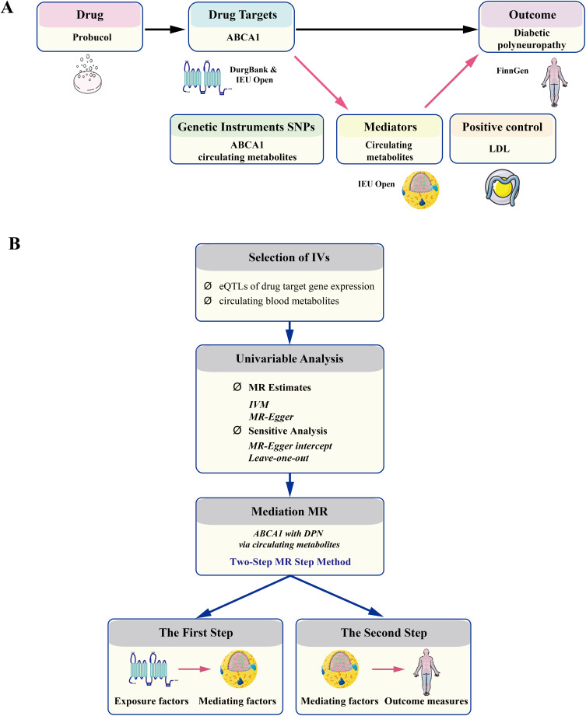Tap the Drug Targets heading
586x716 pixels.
pos(242,16)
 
